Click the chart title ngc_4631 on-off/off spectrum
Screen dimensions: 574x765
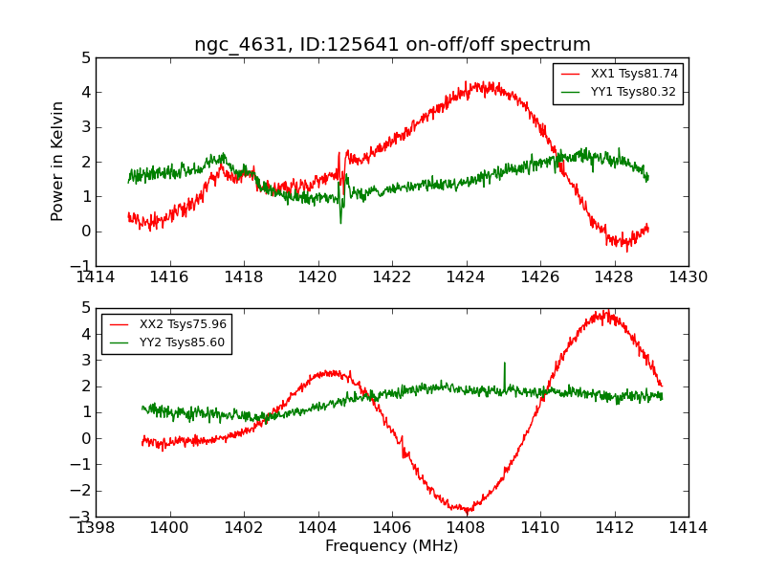[x=392, y=45]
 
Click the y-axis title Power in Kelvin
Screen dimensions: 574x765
[x=58, y=161]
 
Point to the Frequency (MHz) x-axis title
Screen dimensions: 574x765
[x=391, y=546]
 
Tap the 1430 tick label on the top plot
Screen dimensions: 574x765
[x=688, y=277]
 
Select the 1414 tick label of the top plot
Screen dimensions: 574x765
[x=97, y=277]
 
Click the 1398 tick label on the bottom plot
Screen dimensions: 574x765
[x=97, y=527]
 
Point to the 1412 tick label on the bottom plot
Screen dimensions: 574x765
[x=614, y=527]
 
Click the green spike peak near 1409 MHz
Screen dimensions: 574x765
[x=504, y=364]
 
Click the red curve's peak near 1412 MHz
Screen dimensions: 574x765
[x=604, y=312]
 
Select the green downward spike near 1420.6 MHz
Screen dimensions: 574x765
[x=340, y=222]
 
